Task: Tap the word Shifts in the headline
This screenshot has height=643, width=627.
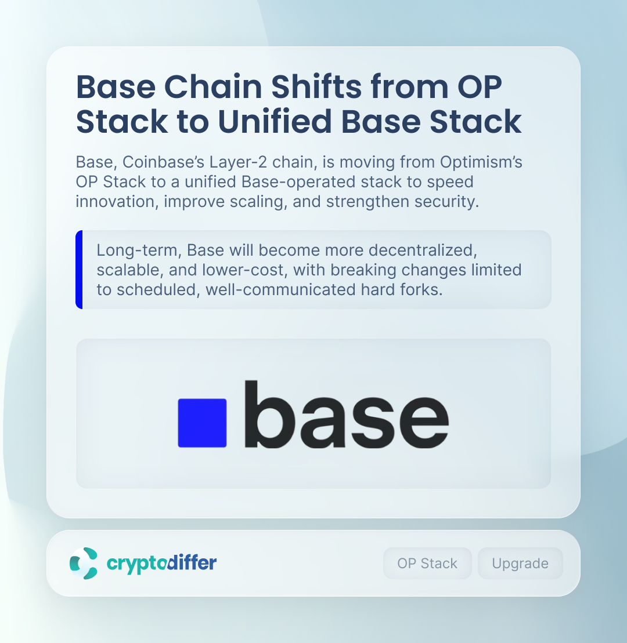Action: click(x=316, y=87)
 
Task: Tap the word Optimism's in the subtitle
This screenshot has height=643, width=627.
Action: click(x=481, y=162)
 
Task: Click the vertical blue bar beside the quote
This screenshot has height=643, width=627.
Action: click(x=79, y=270)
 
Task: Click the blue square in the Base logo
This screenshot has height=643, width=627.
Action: click(x=202, y=423)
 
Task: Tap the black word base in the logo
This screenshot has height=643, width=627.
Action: click(x=347, y=414)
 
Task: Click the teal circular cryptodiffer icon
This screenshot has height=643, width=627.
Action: click(x=84, y=563)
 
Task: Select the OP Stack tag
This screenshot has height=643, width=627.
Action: click(x=427, y=564)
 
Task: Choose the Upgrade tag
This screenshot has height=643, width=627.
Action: click(x=520, y=564)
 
